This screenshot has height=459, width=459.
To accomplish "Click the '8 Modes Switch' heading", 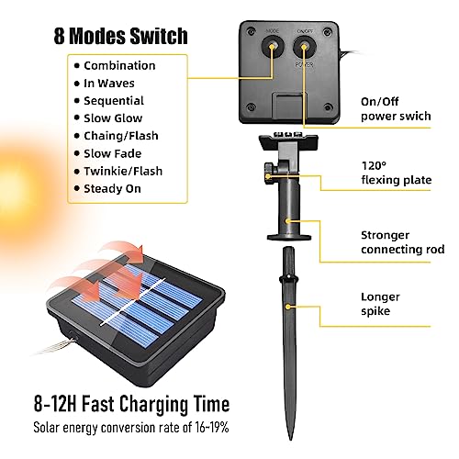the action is click(x=120, y=36).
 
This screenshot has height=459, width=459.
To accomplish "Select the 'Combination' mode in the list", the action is click(x=119, y=65).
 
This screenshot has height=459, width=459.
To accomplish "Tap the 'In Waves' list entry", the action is click(x=109, y=84).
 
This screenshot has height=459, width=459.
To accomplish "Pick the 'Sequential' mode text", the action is click(x=114, y=101).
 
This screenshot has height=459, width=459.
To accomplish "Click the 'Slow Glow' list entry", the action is click(x=113, y=118).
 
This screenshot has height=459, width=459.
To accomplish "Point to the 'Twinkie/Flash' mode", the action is click(x=123, y=171).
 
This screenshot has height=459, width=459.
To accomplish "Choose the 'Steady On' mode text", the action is click(x=112, y=188).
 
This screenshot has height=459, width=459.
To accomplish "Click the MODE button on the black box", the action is click(x=272, y=47).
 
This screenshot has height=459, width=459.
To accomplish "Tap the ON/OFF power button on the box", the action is click(x=304, y=47).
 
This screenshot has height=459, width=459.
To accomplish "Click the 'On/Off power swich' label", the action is click(x=396, y=109).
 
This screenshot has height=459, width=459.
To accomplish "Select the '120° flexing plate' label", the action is click(x=397, y=173).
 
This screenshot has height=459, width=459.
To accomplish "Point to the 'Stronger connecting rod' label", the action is click(x=403, y=242).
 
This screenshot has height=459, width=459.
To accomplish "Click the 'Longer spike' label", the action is click(x=380, y=304).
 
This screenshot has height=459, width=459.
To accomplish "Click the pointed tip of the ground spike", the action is click(x=290, y=440).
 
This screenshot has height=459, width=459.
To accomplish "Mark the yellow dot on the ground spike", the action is click(x=288, y=307).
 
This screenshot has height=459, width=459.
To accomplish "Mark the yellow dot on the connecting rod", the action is click(x=287, y=220).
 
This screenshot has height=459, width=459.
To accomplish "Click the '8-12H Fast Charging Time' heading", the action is click(x=131, y=404).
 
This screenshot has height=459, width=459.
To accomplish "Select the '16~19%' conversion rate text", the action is click(x=212, y=427).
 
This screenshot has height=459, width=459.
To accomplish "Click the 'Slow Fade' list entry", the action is click(x=113, y=153).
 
